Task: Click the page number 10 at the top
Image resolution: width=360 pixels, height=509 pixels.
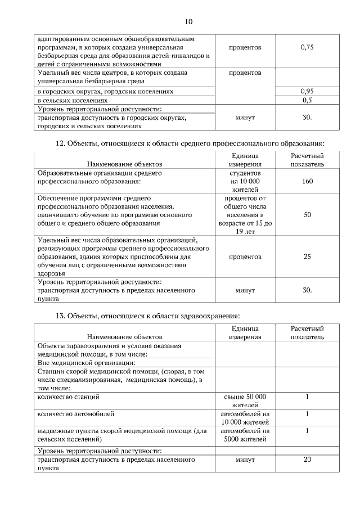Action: (x=188, y=22)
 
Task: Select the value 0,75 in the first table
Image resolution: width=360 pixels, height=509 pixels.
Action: (x=307, y=47)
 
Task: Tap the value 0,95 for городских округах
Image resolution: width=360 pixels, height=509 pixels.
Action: (x=307, y=91)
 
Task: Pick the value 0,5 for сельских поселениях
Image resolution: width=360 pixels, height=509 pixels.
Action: (x=307, y=100)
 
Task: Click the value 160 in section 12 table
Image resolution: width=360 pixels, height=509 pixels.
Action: (x=307, y=181)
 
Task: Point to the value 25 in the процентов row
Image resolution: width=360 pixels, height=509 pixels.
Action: (x=307, y=256)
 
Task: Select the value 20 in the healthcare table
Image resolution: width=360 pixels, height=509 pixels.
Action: (x=307, y=460)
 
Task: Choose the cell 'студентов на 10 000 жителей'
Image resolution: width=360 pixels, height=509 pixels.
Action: (x=245, y=181)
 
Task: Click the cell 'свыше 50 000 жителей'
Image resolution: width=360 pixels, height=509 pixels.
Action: (x=245, y=400)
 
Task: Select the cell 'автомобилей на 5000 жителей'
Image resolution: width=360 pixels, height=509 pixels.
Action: (x=245, y=435)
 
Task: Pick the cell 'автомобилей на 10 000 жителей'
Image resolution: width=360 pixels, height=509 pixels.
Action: (x=245, y=418)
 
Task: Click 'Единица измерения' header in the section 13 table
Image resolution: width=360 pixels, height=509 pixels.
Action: (x=245, y=332)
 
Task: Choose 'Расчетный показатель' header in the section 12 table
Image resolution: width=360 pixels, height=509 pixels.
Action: (x=307, y=159)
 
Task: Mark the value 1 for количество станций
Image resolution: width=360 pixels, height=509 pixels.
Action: (x=307, y=397)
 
